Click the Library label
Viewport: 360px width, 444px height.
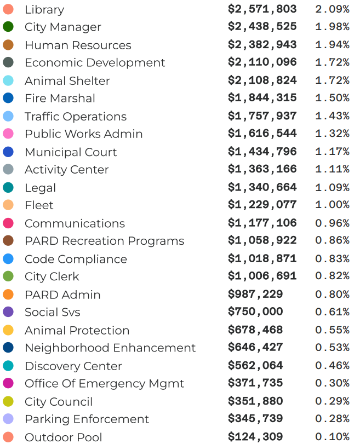[x=44, y=10]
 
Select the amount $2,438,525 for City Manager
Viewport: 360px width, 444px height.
[x=262, y=27]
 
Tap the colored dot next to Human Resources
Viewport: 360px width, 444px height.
[x=8, y=45]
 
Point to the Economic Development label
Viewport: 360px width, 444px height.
[x=95, y=63]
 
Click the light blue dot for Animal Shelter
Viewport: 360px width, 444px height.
[x=8, y=80]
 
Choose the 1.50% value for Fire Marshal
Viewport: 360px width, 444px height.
[x=332, y=98]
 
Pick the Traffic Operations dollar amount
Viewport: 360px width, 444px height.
[x=262, y=116]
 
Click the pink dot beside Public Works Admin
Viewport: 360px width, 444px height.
[x=8, y=134]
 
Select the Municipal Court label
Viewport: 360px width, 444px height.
[x=71, y=152]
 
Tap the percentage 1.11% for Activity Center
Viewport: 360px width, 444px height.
[x=332, y=169]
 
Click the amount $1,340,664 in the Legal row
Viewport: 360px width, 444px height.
[x=262, y=187]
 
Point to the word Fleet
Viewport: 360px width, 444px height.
[x=39, y=205]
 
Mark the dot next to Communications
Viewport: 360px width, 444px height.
[x=8, y=223]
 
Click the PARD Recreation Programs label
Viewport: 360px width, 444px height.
[x=104, y=241]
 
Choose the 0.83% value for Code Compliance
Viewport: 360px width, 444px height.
[x=332, y=258]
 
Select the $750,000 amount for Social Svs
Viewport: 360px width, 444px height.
[x=255, y=312]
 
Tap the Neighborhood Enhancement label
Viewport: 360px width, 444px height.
[x=110, y=348]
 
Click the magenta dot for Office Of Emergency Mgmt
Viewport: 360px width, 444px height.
[x=8, y=383]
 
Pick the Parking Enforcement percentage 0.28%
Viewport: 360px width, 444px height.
[x=332, y=419]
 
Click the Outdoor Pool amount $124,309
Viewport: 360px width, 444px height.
[x=255, y=437]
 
